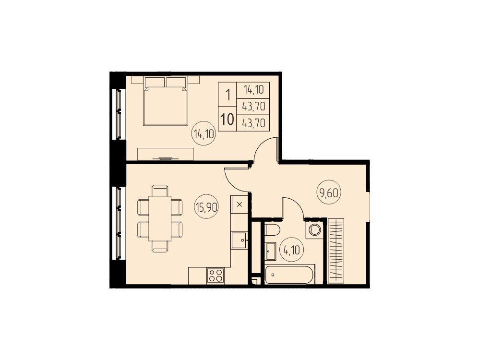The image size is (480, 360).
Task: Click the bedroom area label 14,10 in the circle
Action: (204, 134)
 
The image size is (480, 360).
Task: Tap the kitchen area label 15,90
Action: (206, 207)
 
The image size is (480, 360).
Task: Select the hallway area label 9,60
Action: (329, 193)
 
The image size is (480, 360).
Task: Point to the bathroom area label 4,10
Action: (291, 251)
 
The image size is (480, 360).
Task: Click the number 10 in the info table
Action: (227, 119)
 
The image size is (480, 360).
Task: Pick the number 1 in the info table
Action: (228, 95)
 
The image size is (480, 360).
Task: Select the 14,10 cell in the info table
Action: (253, 90)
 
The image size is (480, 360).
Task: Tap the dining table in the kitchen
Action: (160, 218)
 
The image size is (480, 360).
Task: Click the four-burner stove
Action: (216, 276)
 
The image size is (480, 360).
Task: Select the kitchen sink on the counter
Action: (239, 240)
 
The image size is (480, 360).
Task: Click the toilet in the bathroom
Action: (272, 229)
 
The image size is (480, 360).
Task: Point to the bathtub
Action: (289, 274)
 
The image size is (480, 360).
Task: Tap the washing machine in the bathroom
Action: (314, 230)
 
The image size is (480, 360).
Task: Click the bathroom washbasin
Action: (270, 251)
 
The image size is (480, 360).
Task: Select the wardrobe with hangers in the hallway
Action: (336, 251)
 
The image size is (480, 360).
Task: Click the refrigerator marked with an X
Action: (240, 204)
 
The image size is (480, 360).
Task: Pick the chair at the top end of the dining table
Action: (160, 191)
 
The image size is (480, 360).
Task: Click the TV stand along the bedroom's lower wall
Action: (166, 154)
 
